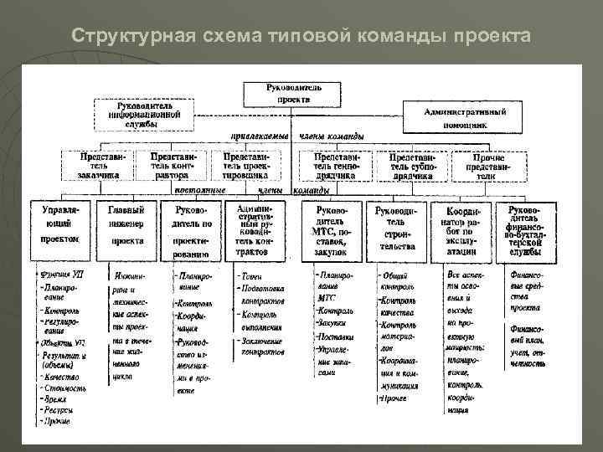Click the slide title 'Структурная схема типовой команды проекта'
(x=301, y=37)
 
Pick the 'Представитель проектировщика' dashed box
(x=245, y=165)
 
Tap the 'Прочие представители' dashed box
(x=487, y=165)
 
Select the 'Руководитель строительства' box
(x=399, y=227)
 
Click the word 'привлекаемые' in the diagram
(x=260, y=136)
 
